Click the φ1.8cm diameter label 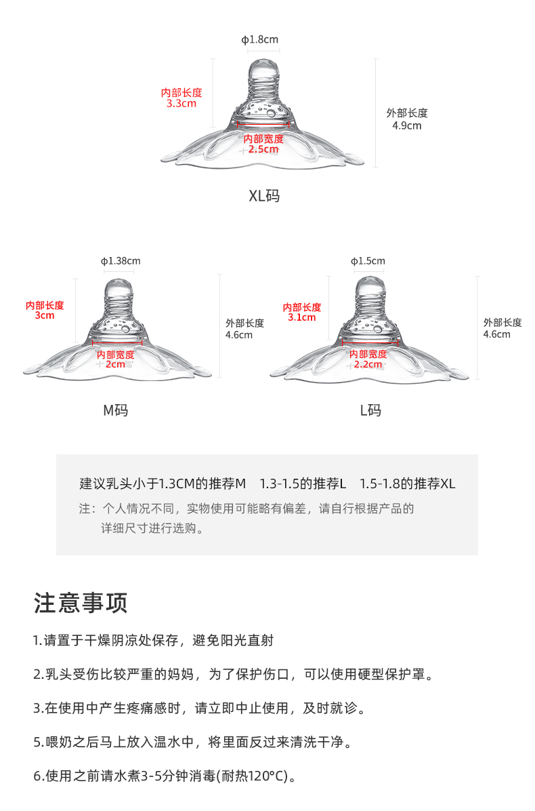260,40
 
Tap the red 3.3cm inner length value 181,104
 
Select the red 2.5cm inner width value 264,149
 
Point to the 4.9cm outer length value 406,125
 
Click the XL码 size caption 264,197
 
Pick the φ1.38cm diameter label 121,261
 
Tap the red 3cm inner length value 45,316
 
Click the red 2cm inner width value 115,364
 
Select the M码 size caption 115,410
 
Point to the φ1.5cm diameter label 368,261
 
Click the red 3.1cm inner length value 301,317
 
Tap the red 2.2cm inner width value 368,364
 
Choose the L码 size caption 370,410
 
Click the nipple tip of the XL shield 263,68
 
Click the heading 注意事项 81,602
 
